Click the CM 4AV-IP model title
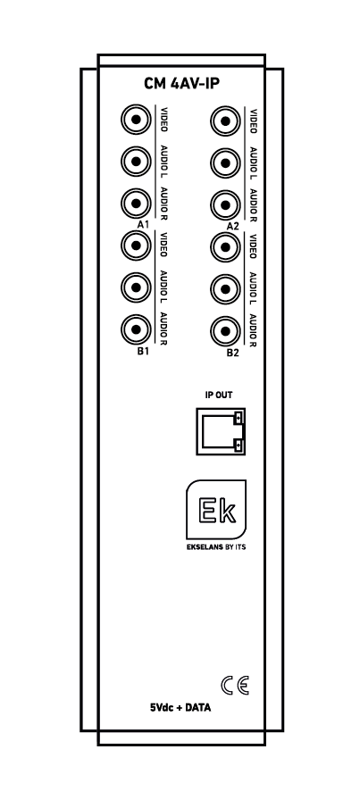click(x=181, y=84)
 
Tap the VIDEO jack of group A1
click(x=136, y=120)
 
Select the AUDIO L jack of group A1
click(x=136, y=162)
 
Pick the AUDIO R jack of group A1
click(x=136, y=204)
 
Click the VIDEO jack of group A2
click(x=225, y=121)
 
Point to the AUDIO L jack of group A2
click(x=225, y=163)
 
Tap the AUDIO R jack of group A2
click(x=225, y=205)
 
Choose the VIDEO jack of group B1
click(x=136, y=246)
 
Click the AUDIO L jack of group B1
click(x=136, y=287)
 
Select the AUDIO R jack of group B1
click(x=136, y=329)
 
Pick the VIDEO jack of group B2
click(x=225, y=247)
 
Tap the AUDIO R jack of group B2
click(x=225, y=331)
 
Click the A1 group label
click(x=143, y=224)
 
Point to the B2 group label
click(x=232, y=353)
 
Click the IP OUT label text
click(x=219, y=395)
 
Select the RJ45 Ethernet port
click(x=221, y=431)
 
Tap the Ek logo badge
click(x=216, y=510)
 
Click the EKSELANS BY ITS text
click(x=216, y=546)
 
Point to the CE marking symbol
click(x=235, y=686)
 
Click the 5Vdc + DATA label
click(x=180, y=708)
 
